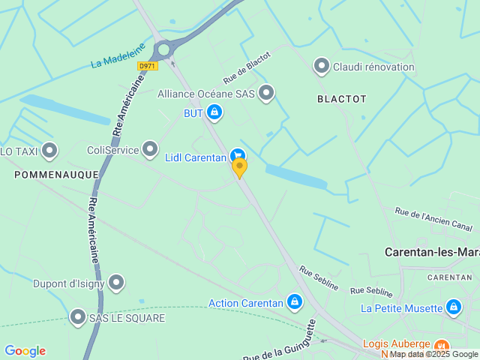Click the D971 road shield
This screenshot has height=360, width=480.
pos(148,66)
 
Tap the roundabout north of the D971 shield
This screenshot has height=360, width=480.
pos(163,50)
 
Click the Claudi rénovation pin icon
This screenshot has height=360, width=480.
pos(322,67)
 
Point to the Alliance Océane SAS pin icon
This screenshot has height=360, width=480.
pos(266,94)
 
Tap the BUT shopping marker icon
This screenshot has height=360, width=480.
pos(215,113)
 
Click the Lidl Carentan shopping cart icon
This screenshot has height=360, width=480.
pos(238,154)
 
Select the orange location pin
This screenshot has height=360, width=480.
pos(239,167)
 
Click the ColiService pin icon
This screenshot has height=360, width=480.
pos(151,150)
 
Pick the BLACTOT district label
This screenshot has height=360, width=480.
pos(342,99)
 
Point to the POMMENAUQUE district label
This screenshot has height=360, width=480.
pos(56,174)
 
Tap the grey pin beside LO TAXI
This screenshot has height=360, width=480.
pos(49,151)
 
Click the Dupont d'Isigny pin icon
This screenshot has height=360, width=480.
pos(116,283)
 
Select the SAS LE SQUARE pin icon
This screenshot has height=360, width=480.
pos(78,318)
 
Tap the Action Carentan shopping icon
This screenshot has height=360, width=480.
pos(295,303)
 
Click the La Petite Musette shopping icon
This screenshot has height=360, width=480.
pos(454,307)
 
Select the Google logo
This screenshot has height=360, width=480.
pos(25,350)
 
